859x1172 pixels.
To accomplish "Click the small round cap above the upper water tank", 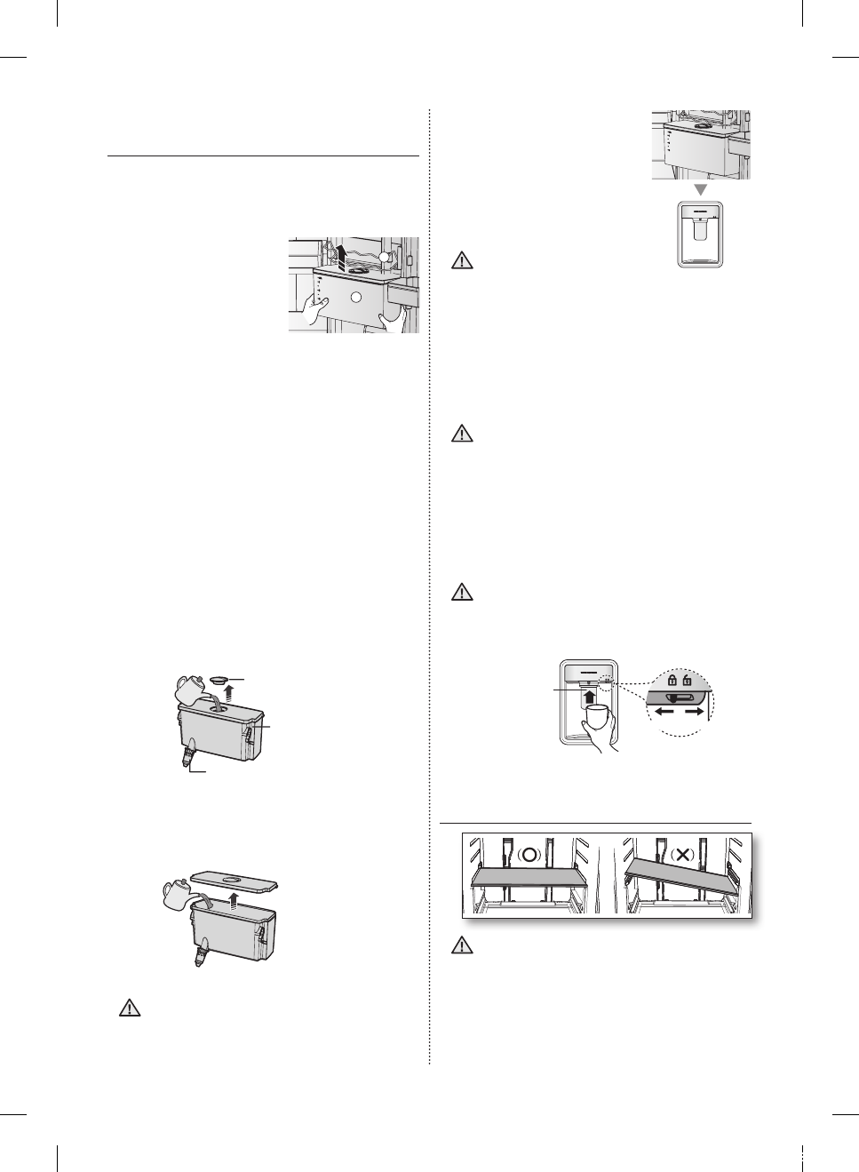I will [219, 680].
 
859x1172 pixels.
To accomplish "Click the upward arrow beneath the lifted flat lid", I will [232, 902].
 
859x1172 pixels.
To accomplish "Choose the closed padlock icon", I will [672, 681].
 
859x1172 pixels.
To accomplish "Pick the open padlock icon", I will [688, 681].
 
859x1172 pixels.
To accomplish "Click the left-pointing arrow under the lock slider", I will [664, 712].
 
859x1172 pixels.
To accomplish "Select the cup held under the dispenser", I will [594, 716].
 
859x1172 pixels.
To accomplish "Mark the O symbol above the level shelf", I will [530, 855].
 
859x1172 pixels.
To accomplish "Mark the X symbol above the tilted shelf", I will [682, 855].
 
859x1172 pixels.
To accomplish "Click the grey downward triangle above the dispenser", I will [701, 190].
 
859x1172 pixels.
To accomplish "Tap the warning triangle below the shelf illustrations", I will [462, 945].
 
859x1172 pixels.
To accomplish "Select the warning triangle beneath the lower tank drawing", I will [130, 1008].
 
